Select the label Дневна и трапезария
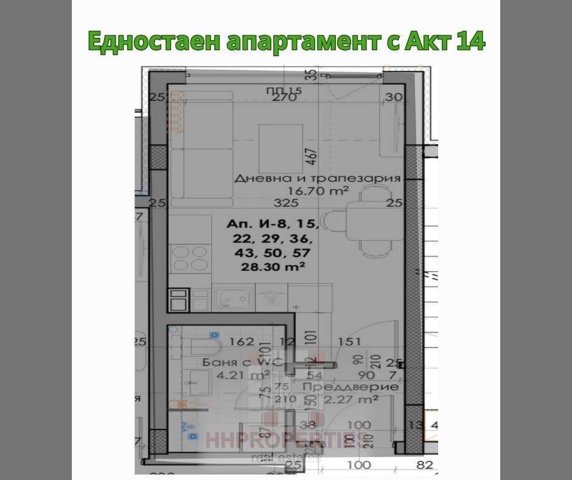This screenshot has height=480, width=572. [x=317, y=178]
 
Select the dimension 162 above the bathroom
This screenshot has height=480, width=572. [x=242, y=342]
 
